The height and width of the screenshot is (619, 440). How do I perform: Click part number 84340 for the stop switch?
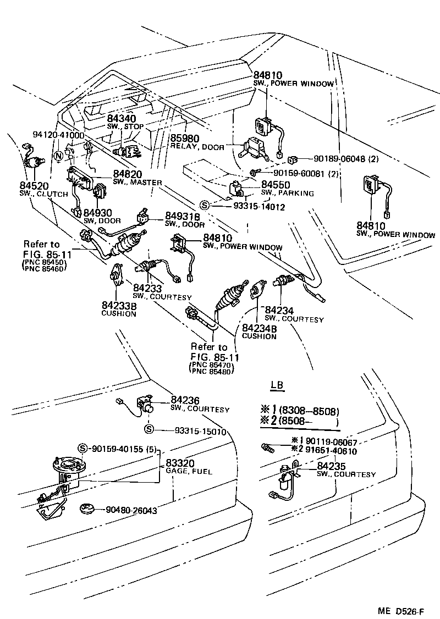click(x=121, y=119)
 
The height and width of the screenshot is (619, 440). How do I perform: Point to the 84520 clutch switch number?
click(x=35, y=186)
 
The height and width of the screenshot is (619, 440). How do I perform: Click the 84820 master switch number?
click(x=128, y=174)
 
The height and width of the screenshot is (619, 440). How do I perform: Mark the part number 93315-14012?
click(x=248, y=206)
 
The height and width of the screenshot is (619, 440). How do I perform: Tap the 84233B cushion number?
click(x=118, y=306)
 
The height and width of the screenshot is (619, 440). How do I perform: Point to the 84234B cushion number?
click(x=259, y=328)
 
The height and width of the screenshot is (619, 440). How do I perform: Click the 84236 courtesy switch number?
click(x=185, y=400)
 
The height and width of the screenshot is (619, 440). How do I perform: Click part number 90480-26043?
click(x=132, y=510)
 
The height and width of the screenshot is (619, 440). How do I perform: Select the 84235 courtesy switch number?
click(x=332, y=466)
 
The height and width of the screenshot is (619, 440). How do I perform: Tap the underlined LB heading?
click(x=278, y=385)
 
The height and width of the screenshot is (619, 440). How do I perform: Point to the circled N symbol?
click(x=58, y=156)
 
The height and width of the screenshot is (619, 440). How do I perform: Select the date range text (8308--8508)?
click(x=309, y=411)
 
